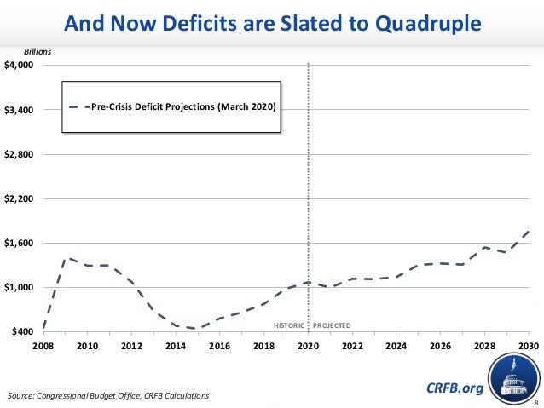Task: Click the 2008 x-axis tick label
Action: click(x=43, y=346)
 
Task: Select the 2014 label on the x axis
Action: click(x=176, y=346)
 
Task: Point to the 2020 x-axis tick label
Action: click(x=308, y=346)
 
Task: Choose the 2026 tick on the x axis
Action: click(x=440, y=346)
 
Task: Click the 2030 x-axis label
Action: click(x=529, y=346)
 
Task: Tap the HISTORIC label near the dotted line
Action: click(x=287, y=326)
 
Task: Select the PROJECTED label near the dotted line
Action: click(x=332, y=326)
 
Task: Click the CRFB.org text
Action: click(x=454, y=389)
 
